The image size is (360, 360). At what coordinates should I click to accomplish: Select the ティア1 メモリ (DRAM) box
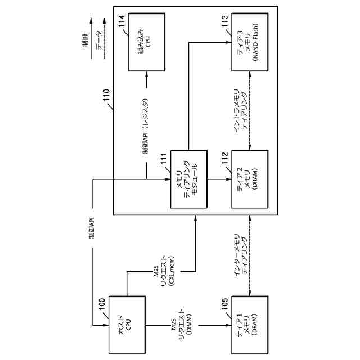click(x=246, y=323)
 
